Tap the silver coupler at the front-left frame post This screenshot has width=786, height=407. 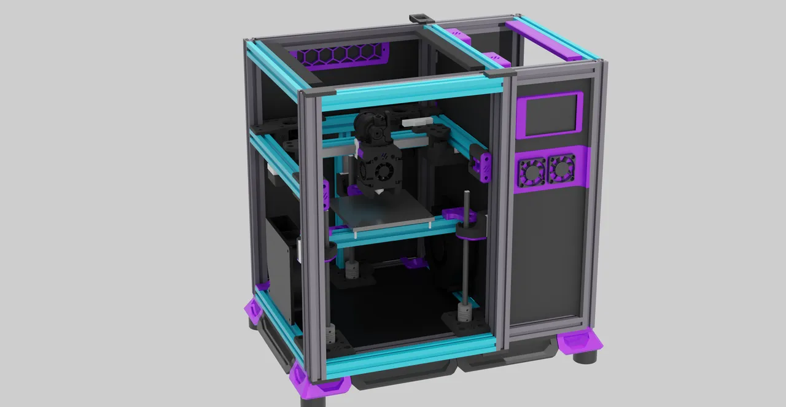(332, 335)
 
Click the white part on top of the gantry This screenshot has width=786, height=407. (416, 123)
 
